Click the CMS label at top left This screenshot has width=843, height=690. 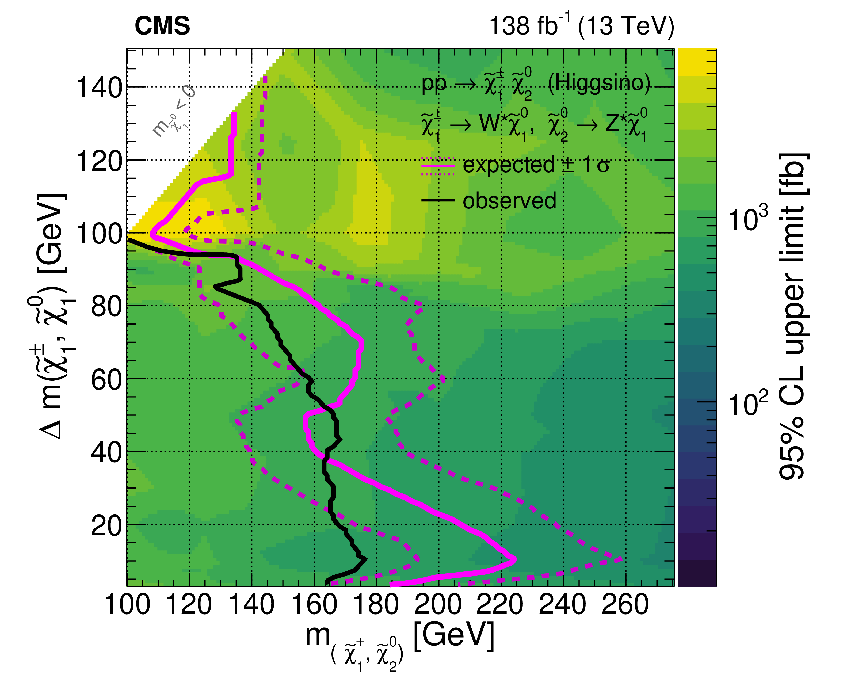[x=162, y=26]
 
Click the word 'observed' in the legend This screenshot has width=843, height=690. [x=509, y=201]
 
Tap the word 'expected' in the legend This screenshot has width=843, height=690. [x=509, y=165]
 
